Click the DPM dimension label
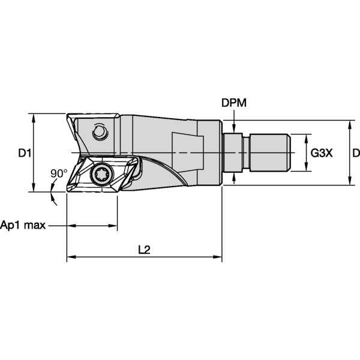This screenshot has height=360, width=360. click(x=234, y=103)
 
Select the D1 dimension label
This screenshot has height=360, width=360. click(x=24, y=153)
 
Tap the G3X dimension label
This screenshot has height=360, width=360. click(x=322, y=153)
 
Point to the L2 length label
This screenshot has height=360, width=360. click(x=144, y=250)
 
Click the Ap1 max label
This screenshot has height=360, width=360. click(x=23, y=226)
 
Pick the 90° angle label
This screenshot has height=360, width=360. click(x=59, y=173)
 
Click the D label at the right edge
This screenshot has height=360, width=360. click(x=356, y=153)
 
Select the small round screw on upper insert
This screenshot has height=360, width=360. click(x=99, y=131)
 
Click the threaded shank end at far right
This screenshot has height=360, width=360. click(x=270, y=152)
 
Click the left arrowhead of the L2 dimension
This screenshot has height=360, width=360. click(x=70, y=258)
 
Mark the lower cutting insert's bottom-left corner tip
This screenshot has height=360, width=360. click(x=68, y=190)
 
